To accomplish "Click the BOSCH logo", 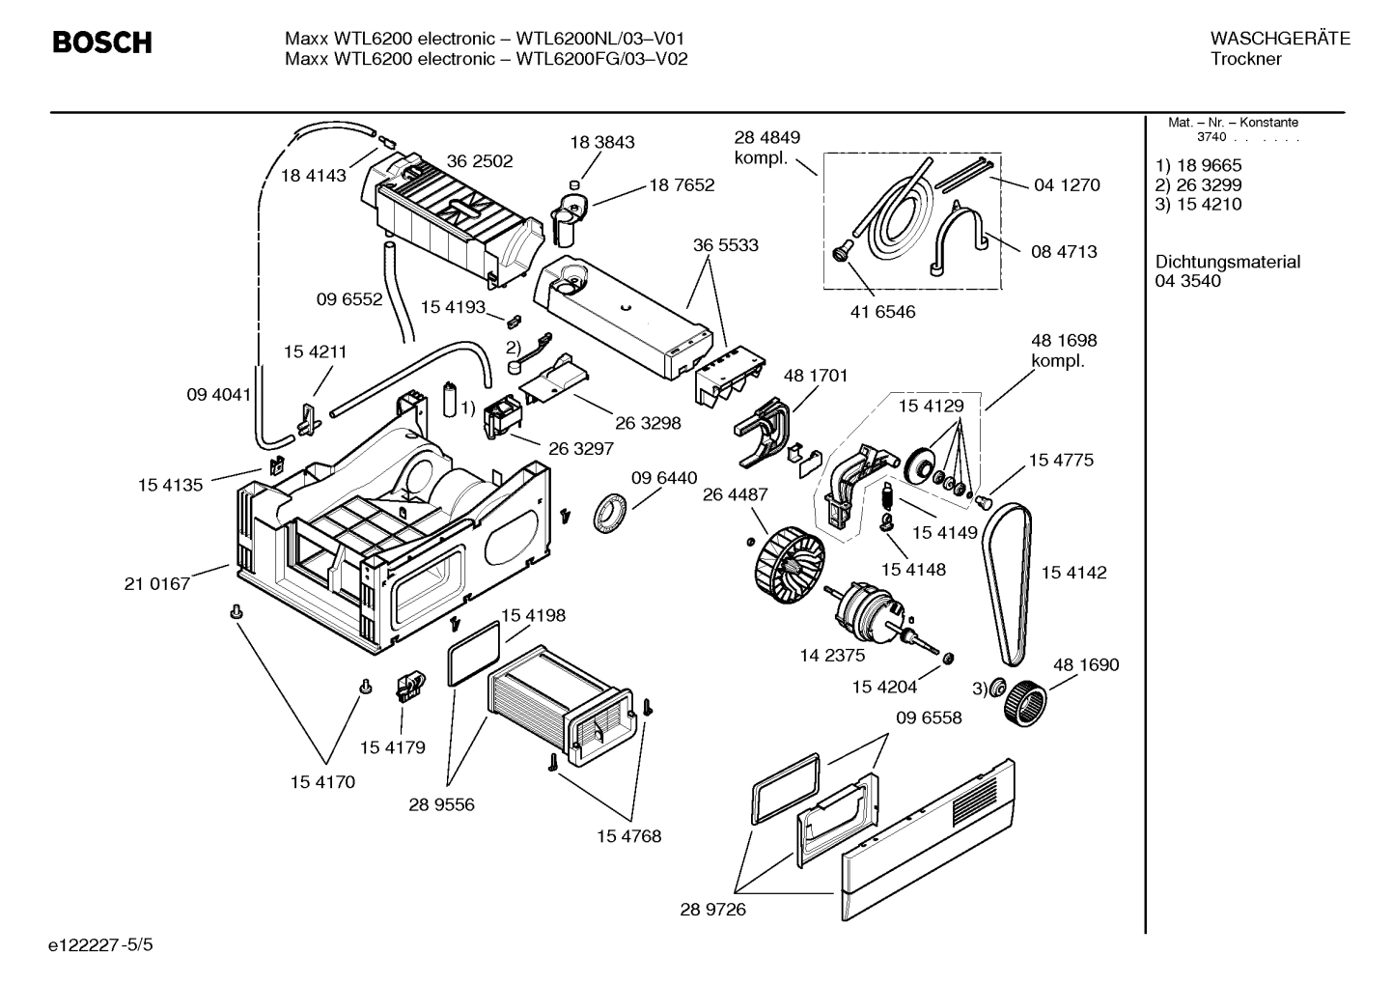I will [x=101, y=43].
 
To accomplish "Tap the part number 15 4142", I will [x=1073, y=573].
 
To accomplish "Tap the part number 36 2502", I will [x=480, y=161].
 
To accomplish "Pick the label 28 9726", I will [x=712, y=910].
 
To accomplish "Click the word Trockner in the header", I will [x=1245, y=59].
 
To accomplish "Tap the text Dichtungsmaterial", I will [x=1227, y=262].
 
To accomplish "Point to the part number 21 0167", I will [x=157, y=583].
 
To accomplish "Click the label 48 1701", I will [x=815, y=376].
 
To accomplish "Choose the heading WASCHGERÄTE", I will [x=1279, y=39].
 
